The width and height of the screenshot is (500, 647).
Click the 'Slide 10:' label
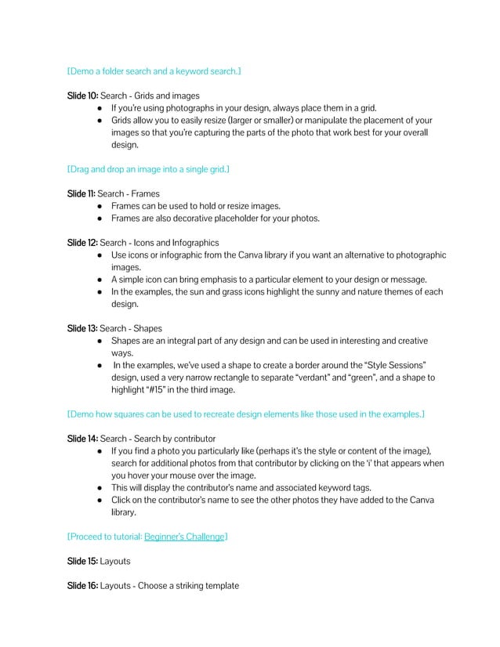tap(82, 96)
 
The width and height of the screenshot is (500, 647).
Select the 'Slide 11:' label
tap(82, 193)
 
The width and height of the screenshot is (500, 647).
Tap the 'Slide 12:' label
tap(82, 243)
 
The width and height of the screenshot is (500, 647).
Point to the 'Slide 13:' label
tap(82, 329)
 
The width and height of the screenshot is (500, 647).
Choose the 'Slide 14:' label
tap(82, 439)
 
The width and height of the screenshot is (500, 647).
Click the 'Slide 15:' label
tap(82, 562)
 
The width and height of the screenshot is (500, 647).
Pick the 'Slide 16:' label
tap(82, 587)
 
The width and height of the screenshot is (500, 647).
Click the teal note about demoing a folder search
tap(154, 71)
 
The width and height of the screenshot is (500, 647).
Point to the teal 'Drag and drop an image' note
tap(148, 169)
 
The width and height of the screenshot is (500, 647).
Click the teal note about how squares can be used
tap(245, 414)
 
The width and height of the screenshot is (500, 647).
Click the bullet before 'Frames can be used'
tap(101, 206)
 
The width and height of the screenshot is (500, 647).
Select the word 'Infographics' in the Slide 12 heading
tap(193, 243)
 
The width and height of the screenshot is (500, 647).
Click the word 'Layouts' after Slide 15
tap(116, 562)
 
